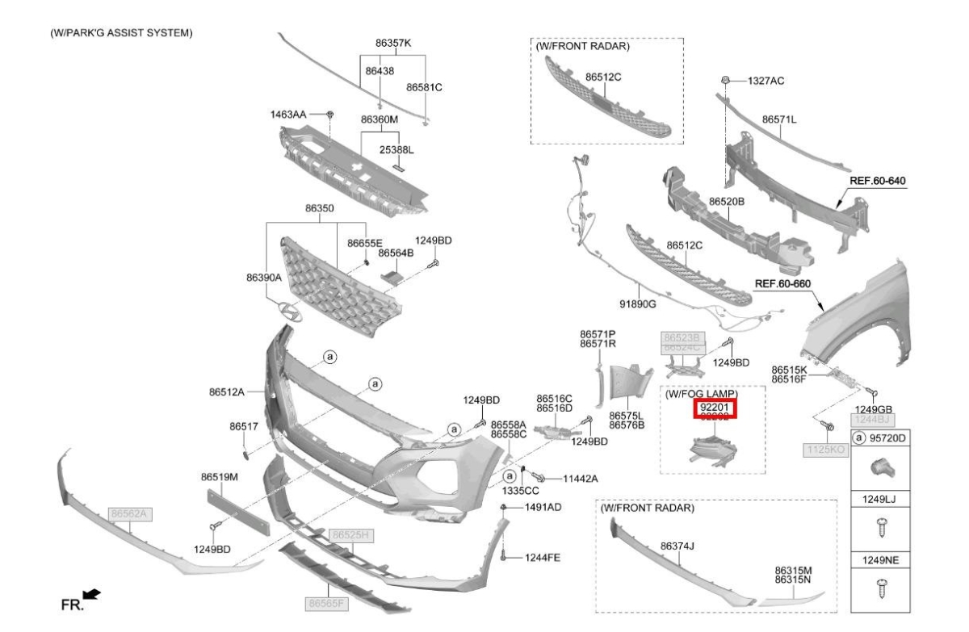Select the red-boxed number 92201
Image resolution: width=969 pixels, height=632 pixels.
click(715, 408)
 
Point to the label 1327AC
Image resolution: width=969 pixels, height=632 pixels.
click(766, 81)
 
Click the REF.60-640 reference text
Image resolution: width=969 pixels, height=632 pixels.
click(879, 181)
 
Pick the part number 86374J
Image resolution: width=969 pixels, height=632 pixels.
click(677, 546)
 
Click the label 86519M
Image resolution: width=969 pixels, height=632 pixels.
click(219, 477)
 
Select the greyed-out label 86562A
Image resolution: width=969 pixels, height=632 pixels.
click(131, 513)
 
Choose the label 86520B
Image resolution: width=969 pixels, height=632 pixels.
click(726, 200)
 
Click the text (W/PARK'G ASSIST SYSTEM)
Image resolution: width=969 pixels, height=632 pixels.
click(115, 33)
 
